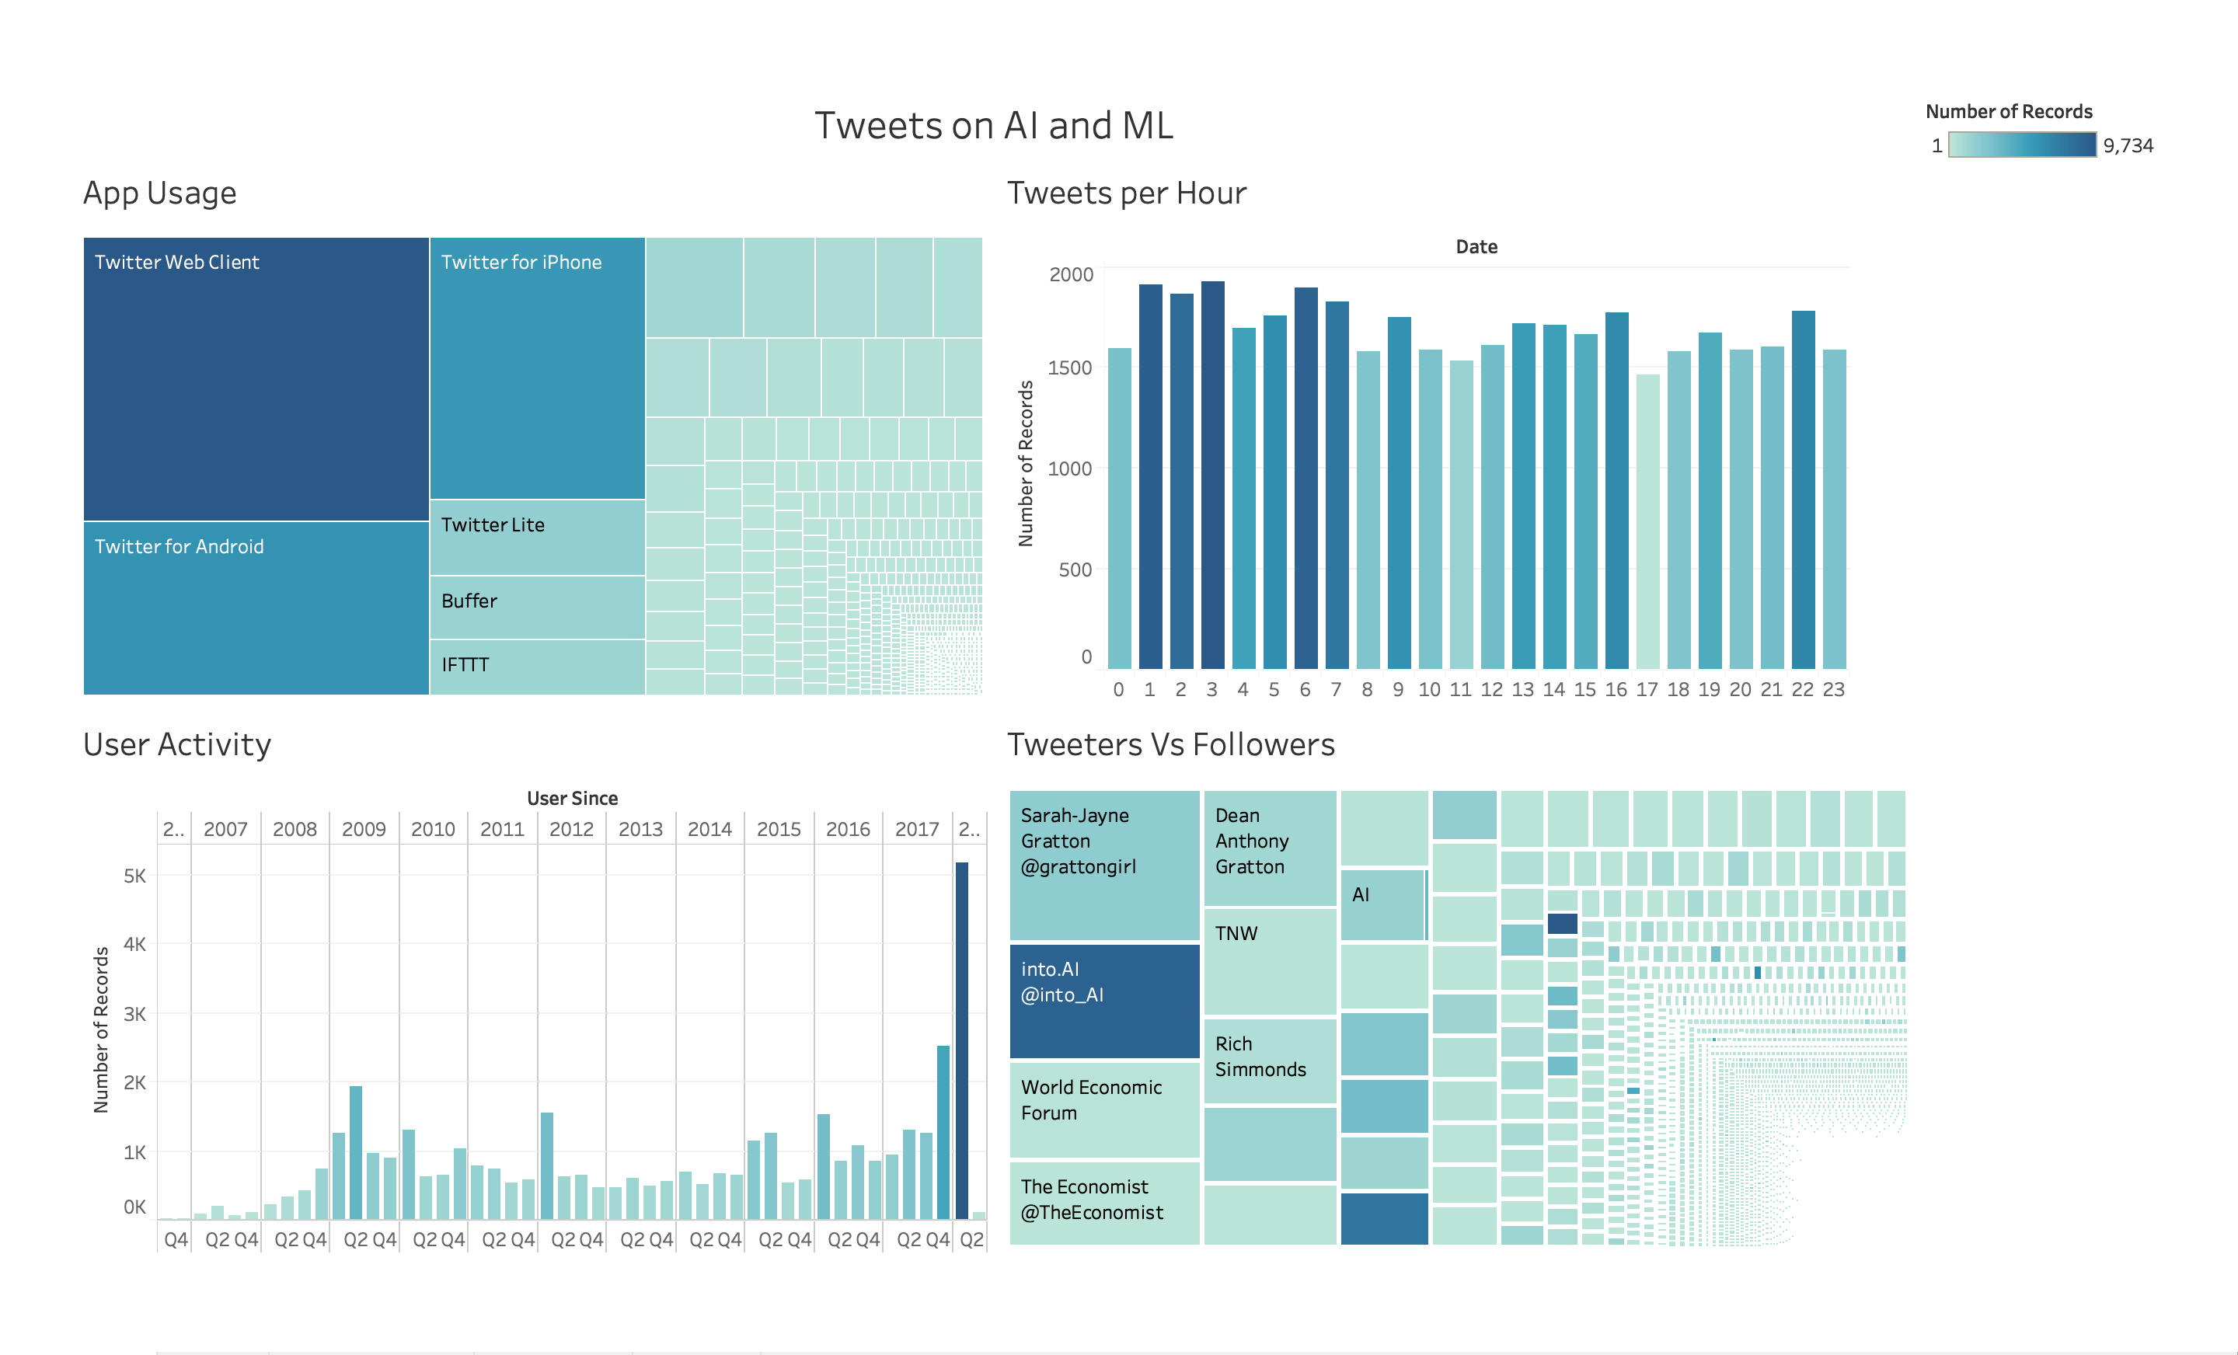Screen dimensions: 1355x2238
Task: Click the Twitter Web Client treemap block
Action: [x=255, y=378]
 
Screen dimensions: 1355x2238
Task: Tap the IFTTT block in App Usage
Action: [x=537, y=667]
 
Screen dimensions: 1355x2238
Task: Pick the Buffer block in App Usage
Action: [x=537, y=606]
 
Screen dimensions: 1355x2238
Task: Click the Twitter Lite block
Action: [x=537, y=537]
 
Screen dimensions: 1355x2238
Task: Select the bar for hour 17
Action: [x=1647, y=521]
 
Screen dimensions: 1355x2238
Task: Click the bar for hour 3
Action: [x=1211, y=474]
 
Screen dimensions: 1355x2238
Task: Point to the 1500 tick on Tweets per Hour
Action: [x=1069, y=367]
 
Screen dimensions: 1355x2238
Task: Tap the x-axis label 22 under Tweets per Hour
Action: [x=1802, y=689]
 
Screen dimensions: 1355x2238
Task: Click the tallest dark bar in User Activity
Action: [x=961, y=1039]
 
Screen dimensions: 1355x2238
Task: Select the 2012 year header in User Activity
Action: [x=571, y=829]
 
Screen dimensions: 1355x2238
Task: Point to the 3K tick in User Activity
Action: [x=134, y=1013]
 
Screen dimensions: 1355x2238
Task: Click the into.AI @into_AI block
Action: [x=1103, y=1001]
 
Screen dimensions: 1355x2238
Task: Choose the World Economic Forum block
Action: [x=1103, y=1109]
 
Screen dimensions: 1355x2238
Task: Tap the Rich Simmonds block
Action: [x=1269, y=1061]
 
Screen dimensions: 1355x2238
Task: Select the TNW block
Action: [x=1269, y=961]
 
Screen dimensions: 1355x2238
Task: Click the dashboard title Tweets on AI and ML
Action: [x=993, y=125]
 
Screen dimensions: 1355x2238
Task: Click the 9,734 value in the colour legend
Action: [x=2127, y=145]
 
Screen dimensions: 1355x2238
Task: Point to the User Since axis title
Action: [x=572, y=798]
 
